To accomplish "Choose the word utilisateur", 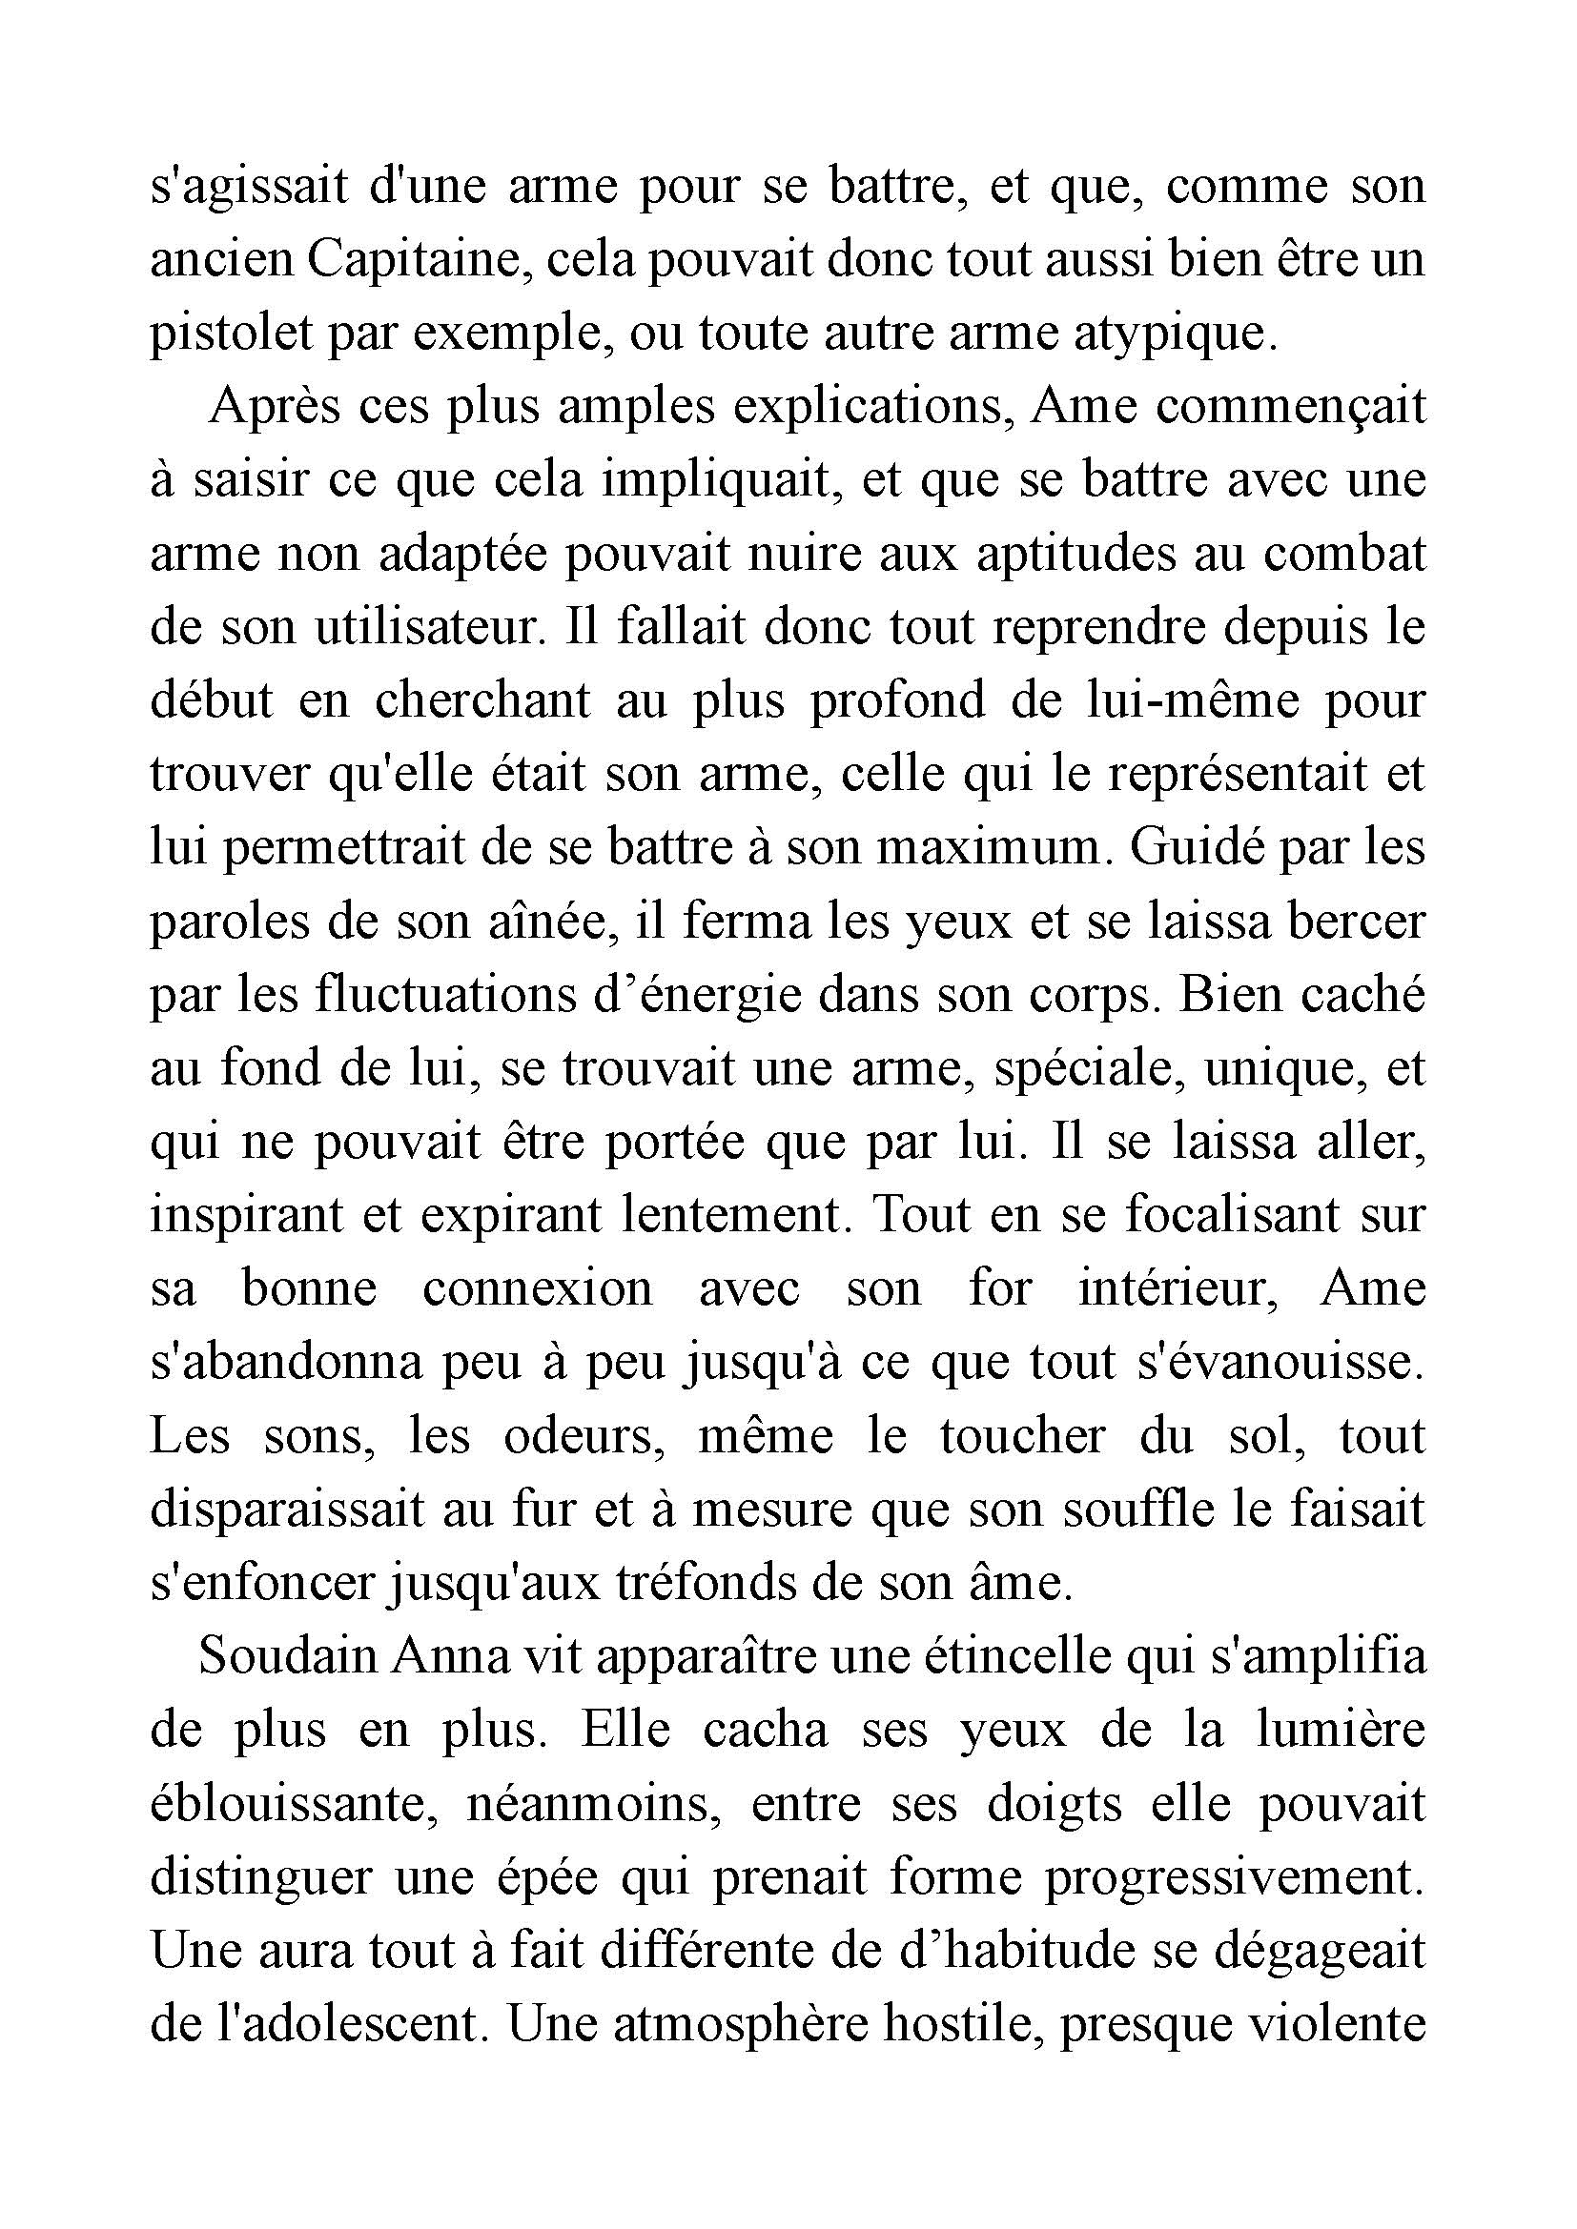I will (x=426, y=628).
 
